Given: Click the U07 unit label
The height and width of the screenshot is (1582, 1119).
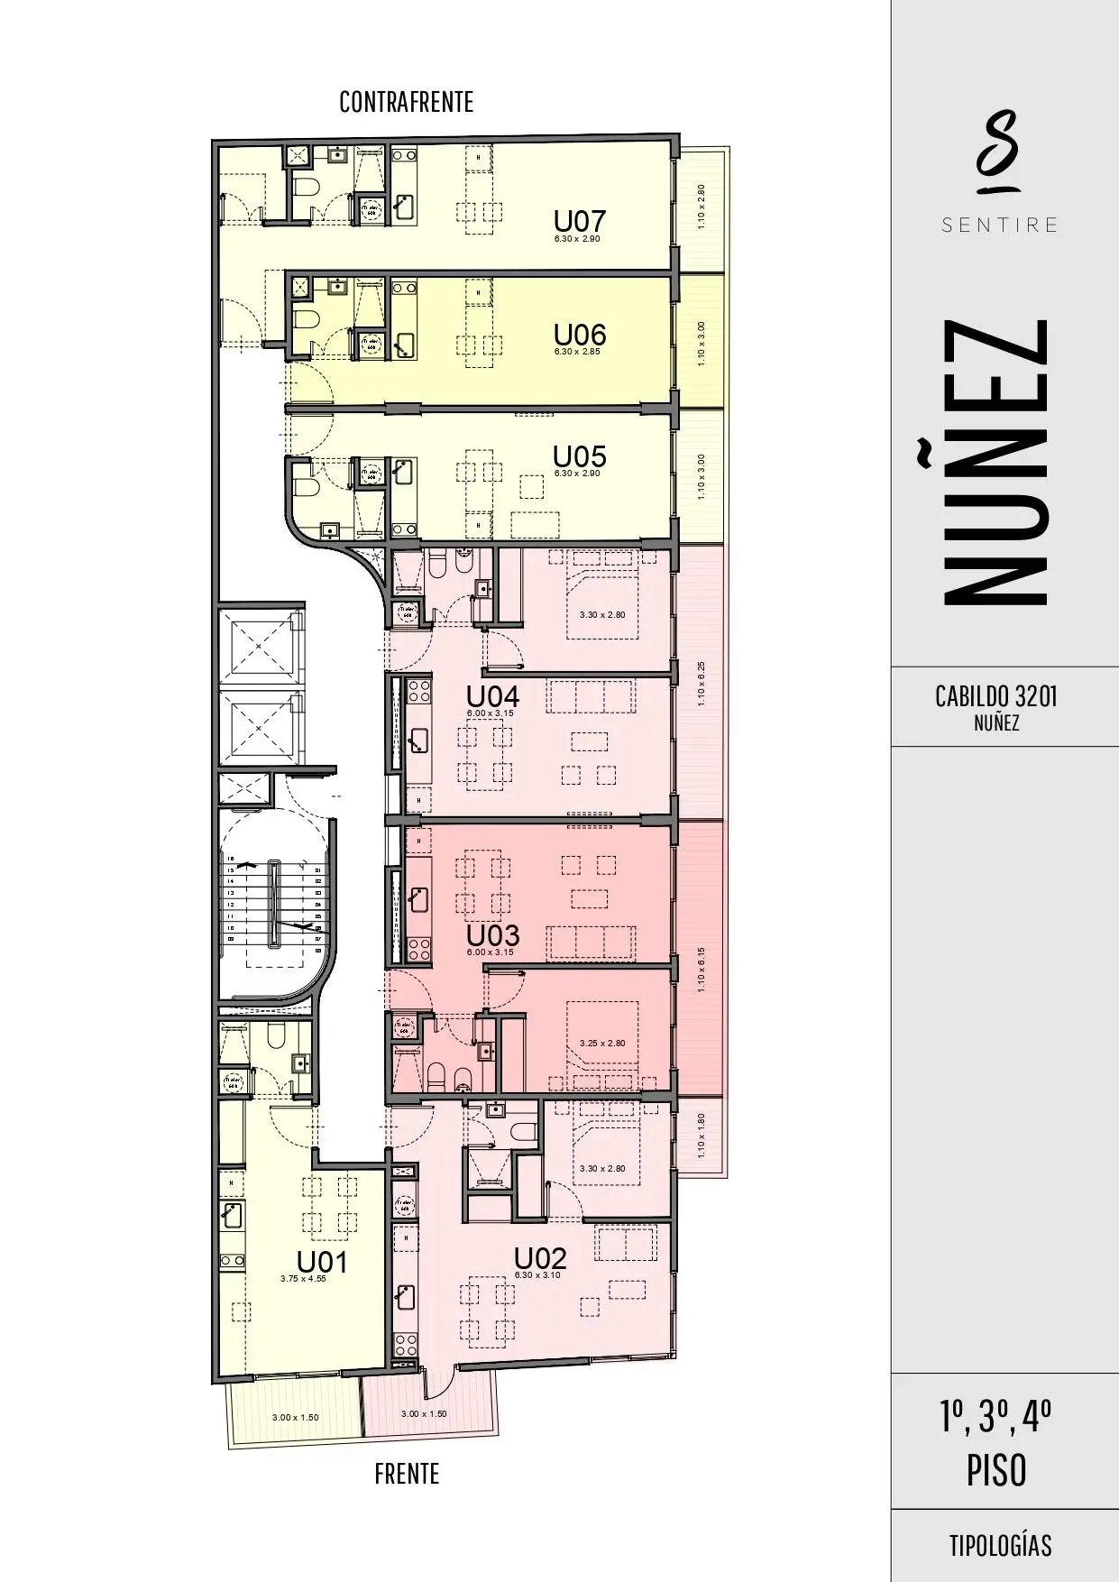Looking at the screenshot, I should (x=579, y=221).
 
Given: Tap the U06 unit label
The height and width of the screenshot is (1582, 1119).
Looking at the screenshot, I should (x=579, y=335).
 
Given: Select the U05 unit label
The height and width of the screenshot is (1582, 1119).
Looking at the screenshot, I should (x=579, y=456).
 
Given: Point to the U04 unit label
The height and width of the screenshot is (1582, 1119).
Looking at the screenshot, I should (x=492, y=696).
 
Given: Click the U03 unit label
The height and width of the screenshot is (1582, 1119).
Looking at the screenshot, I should (x=492, y=935).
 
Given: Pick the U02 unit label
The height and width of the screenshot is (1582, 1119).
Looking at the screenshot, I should (x=539, y=1258).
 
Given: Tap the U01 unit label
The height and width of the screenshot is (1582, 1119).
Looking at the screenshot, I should (x=322, y=1262).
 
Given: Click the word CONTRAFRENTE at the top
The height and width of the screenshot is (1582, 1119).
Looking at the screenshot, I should (x=406, y=102).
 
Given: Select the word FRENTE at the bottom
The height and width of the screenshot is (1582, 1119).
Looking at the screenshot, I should (x=407, y=1474).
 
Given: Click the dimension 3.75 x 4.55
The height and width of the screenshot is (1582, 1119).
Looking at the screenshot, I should (x=303, y=1278).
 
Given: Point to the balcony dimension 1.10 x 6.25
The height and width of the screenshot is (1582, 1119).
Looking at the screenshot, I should (x=702, y=685).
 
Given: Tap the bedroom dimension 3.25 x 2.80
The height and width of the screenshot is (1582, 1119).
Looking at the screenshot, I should (x=602, y=1043).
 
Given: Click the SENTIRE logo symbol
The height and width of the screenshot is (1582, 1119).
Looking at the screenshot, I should (x=999, y=152).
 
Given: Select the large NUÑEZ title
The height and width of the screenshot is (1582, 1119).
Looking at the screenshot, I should (x=996, y=461).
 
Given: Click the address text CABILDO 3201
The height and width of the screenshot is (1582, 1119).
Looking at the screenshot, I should (x=996, y=696).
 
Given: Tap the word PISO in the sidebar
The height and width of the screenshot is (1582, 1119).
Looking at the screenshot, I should (x=996, y=1470).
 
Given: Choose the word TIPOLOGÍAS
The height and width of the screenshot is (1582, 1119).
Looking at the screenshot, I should (x=1000, y=1545).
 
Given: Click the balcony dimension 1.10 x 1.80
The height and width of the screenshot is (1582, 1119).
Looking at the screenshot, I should (x=702, y=1136).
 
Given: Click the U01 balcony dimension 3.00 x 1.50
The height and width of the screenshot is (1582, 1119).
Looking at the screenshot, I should (x=296, y=1417).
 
